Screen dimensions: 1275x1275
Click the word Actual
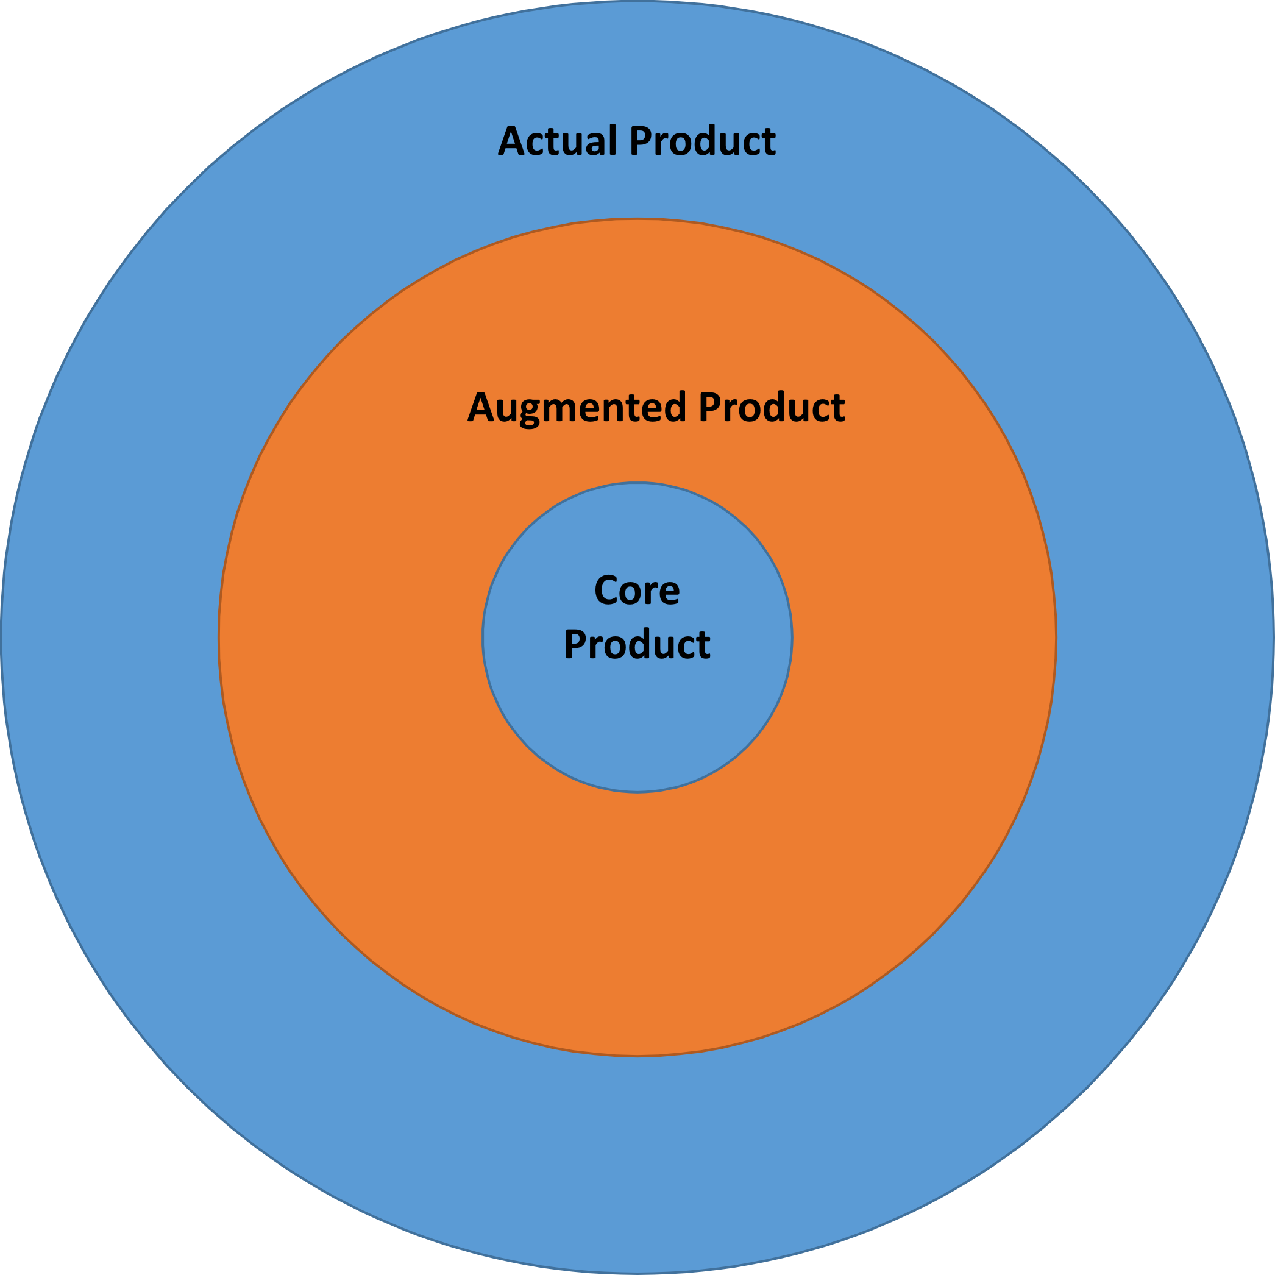(x=558, y=140)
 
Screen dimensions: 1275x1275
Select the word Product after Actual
(x=703, y=140)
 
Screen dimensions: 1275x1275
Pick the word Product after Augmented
(x=772, y=407)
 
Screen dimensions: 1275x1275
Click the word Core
(x=637, y=589)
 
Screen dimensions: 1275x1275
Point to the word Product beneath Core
(x=637, y=644)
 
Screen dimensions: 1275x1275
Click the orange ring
(x=637, y=924)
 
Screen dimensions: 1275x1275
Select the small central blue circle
(x=637, y=712)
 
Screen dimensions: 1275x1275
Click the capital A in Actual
(x=511, y=140)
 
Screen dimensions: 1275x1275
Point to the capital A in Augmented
(x=481, y=407)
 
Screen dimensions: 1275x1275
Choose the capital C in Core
(x=606, y=589)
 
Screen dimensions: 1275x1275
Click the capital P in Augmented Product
(x=710, y=407)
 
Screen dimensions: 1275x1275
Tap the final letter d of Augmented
(x=675, y=407)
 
